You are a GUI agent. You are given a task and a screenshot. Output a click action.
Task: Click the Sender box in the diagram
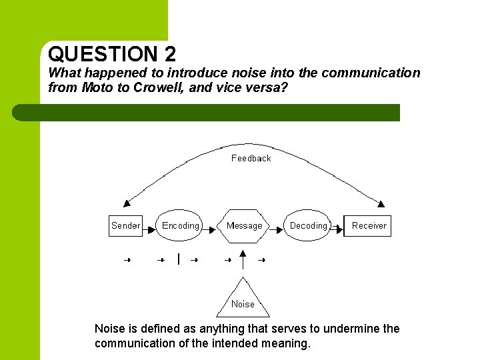pos(125,225)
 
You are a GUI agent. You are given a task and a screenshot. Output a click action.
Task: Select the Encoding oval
pos(180,225)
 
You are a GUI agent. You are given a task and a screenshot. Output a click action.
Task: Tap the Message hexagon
pos(244,225)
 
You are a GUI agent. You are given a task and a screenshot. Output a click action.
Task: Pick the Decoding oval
pos(308,225)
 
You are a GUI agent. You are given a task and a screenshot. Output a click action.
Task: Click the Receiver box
pos(368,225)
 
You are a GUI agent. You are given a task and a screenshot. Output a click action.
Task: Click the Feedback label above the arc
pos(251,158)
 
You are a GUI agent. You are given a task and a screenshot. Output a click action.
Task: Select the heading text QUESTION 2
pos(112,53)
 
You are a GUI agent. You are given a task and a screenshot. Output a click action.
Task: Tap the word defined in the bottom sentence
pos(157,328)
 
